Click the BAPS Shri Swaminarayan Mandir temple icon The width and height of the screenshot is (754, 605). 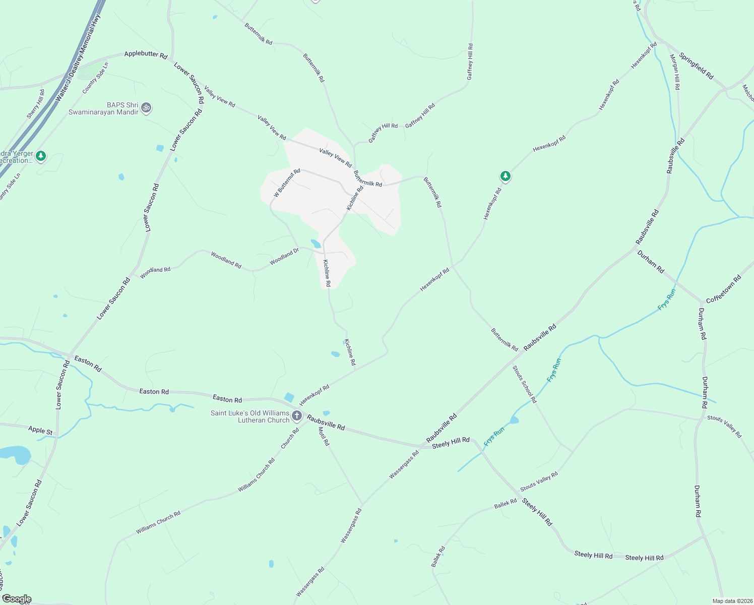pyautogui.click(x=146, y=107)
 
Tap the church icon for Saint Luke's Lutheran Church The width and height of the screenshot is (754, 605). pyautogui.click(x=297, y=416)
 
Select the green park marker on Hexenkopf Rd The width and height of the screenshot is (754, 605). pyautogui.click(x=505, y=176)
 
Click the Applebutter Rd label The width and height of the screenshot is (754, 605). pyautogui.click(x=146, y=54)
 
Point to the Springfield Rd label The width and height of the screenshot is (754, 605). pyautogui.click(x=696, y=66)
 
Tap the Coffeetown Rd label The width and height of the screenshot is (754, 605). pyautogui.click(x=723, y=289)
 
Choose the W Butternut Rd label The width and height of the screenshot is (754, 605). pyautogui.click(x=287, y=183)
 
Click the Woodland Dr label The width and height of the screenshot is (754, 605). pyautogui.click(x=284, y=257)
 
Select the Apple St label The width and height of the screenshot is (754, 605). pyautogui.click(x=40, y=430)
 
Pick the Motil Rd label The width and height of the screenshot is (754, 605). pyautogui.click(x=324, y=436)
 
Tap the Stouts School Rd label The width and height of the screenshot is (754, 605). pyautogui.click(x=525, y=384)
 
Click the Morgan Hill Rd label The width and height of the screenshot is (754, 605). pyautogui.click(x=674, y=72)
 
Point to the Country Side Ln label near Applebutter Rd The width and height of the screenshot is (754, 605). pyautogui.click(x=95, y=78)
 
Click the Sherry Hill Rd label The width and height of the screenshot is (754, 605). pyautogui.click(x=36, y=104)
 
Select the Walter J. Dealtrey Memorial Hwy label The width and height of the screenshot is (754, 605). pyautogui.click(x=78, y=58)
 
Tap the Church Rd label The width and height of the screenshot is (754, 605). pyautogui.click(x=290, y=439)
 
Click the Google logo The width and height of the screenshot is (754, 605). pyautogui.click(x=16, y=599)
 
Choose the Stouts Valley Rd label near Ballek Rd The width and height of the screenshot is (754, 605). pyautogui.click(x=539, y=481)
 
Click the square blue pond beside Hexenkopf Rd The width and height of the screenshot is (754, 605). pyautogui.click(x=289, y=397)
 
